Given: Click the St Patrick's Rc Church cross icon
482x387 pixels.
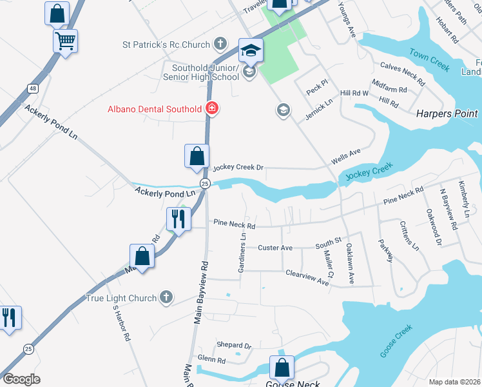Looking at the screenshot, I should [x=220, y=45].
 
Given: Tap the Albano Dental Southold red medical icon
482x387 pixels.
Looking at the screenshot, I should [x=211, y=109].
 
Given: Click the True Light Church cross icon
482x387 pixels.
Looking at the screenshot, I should [x=166, y=298].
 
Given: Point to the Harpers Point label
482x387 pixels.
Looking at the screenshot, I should [x=447, y=114].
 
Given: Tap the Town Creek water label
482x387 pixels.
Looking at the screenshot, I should [x=429, y=59].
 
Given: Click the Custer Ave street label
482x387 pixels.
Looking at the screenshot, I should [x=275, y=248].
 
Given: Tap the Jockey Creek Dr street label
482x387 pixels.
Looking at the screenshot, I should [x=238, y=167].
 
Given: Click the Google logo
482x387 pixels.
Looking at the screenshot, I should [x=21, y=379].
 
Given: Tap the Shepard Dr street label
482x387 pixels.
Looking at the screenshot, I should [x=233, y=346].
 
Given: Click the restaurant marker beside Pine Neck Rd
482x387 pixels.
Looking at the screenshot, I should [x=177, y=219].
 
